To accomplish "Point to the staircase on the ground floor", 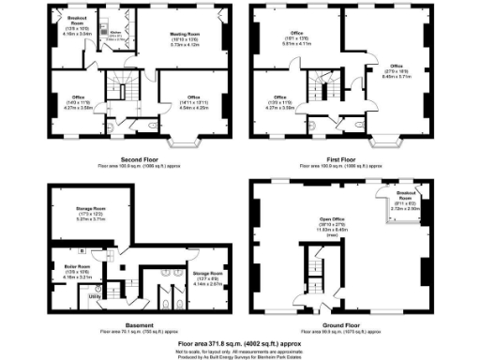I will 307,272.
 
